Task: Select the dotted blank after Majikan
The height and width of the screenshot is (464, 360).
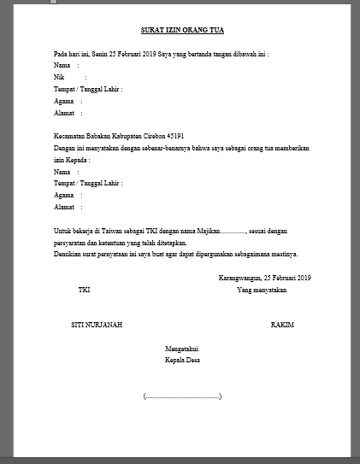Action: click(x=233, y=232)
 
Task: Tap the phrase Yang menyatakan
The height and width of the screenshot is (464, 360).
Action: click(x=262, y=291)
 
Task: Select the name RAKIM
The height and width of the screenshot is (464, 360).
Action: click(x=282, y=326)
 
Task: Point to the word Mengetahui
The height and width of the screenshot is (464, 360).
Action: click(x=182, y=349)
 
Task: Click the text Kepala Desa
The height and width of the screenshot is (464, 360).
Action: click(x=182, y=361)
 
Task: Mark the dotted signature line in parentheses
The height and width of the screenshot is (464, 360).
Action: click(x=183, y=396)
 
